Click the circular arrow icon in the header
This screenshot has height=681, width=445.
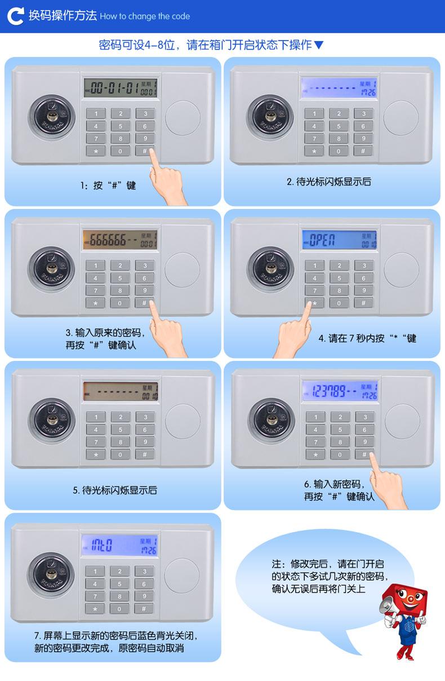point(16,16)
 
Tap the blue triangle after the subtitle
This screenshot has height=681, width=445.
point(318,45)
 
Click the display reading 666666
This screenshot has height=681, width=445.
point(121,240)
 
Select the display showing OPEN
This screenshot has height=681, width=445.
point(339,240)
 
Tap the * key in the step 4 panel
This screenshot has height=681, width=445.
point(315,303)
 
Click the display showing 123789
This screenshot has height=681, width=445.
point(340,391)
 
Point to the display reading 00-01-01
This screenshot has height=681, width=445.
point(121,87)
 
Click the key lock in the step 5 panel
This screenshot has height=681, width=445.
point(52,421)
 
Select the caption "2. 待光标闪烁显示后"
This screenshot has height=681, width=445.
point(329,182)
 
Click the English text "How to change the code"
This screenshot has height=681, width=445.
point(145,16)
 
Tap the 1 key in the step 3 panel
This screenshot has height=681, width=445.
point(95,266)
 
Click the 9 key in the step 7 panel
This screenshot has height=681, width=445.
point(144,596)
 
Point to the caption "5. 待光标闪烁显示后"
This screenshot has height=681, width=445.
point(115,490)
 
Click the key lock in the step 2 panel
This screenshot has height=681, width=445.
point(270,117)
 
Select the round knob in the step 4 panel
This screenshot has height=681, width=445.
point(401,269)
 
